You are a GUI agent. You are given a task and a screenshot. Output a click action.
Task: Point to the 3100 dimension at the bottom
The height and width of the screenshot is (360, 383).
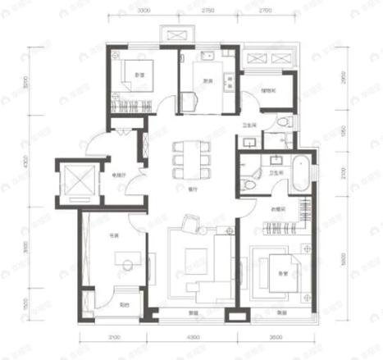click(113, 337)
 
